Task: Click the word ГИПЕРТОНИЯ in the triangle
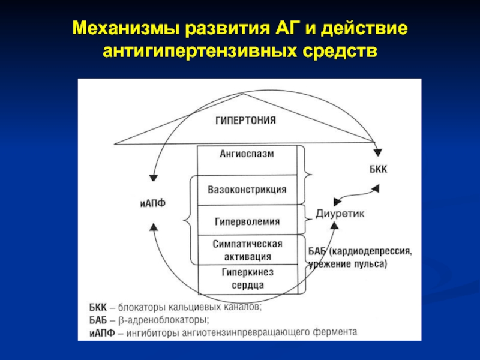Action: (246, 120)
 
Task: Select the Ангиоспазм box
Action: (247, 154)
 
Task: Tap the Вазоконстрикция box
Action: (247, 190)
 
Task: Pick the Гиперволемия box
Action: (247, 221)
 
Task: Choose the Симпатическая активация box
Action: (247, 250)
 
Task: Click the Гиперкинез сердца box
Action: (247, 278)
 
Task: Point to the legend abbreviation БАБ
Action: (96, 319)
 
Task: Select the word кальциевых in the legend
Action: (188, 308)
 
